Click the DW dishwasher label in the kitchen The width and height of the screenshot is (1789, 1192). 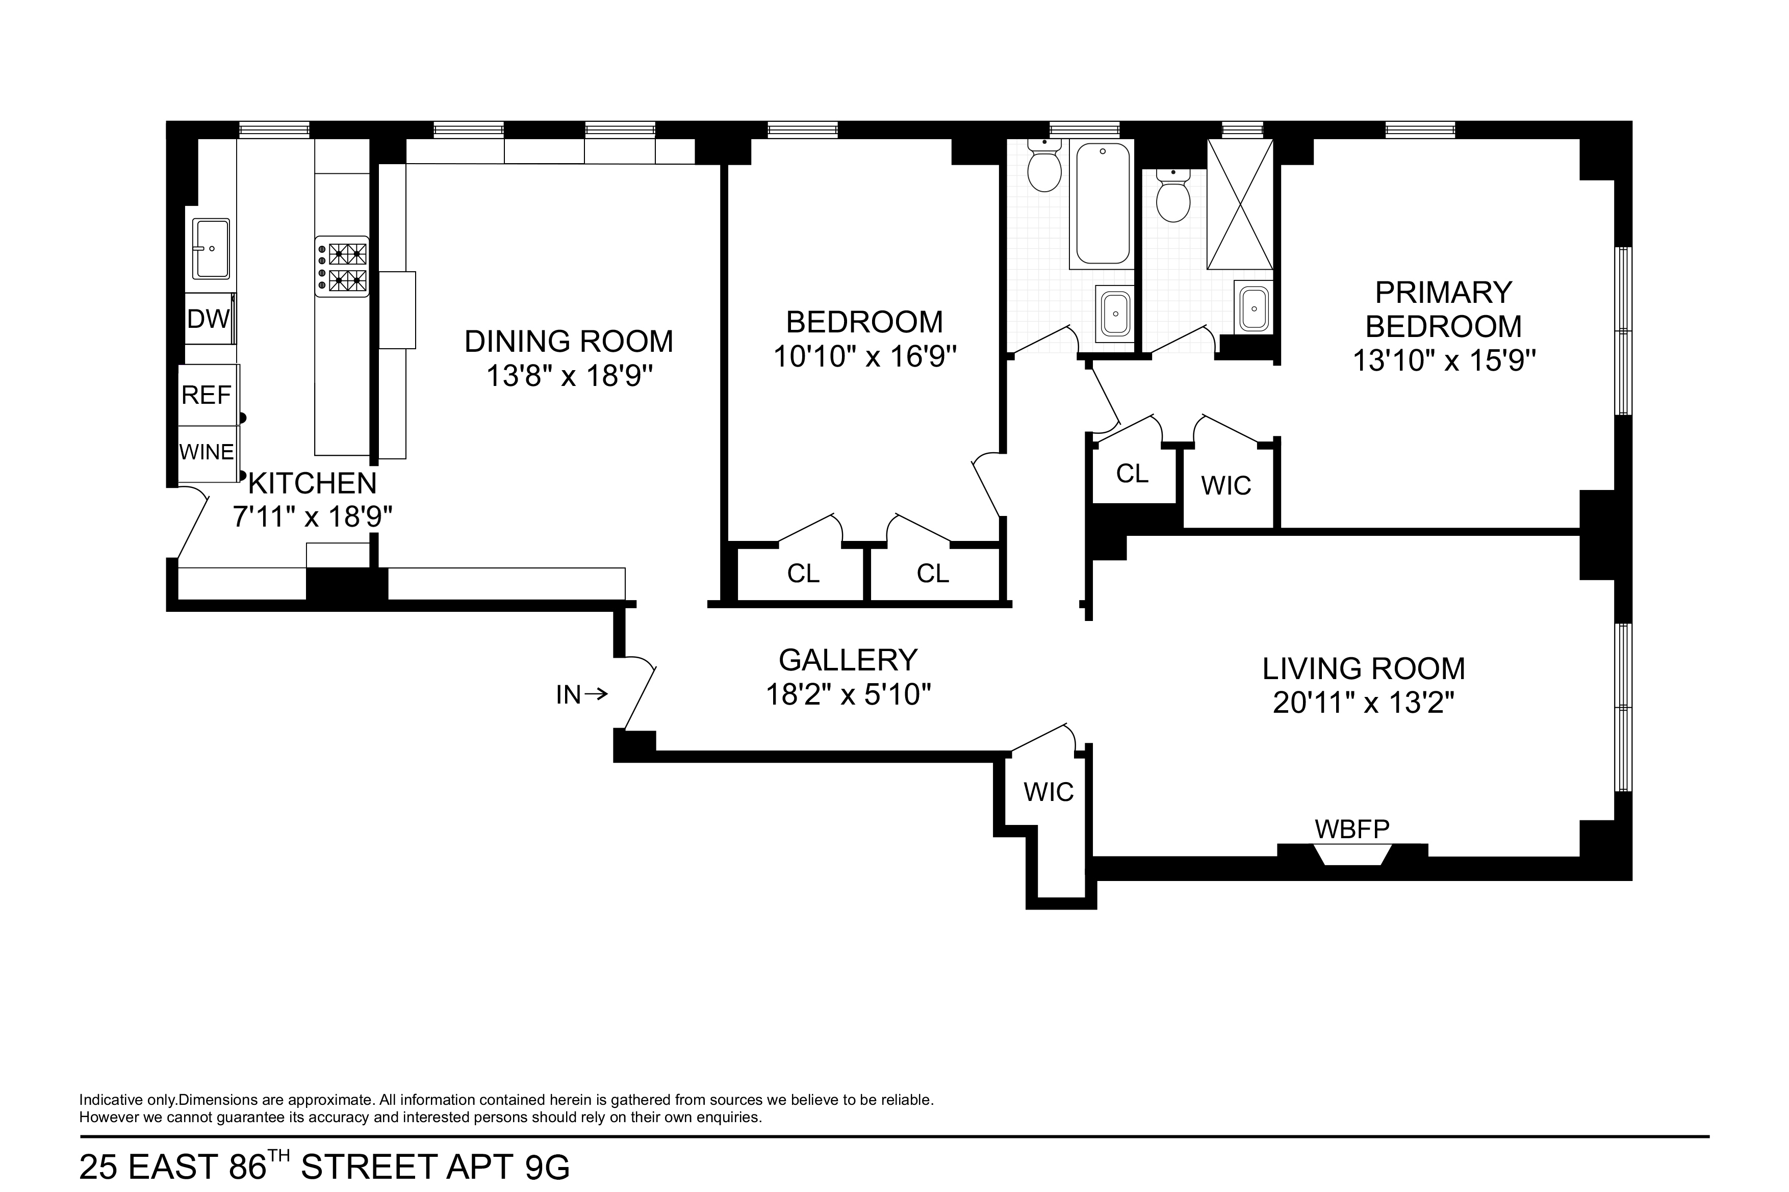(x=208, y=319)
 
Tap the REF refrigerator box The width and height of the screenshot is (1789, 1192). (x=206, y=395)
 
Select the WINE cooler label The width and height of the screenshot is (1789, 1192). (x=206, y=452)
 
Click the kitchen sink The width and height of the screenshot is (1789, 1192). (x=211, y=248)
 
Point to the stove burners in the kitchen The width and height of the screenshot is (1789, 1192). (x=342, y=267)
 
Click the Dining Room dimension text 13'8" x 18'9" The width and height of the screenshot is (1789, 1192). (x=570, y=376)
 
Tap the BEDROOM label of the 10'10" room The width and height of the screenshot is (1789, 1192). (x=864, y=322)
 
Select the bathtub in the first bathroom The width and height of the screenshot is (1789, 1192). (x=1102, y=204)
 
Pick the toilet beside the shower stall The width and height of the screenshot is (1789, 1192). (x=1172, y=197)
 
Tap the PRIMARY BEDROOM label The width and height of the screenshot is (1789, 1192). (x=1443, y=309)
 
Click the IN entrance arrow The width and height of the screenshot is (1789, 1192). (x=581, y=694)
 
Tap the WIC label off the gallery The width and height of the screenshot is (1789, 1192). (x=1049, y=792)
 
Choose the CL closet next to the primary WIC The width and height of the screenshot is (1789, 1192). (x=1132, y=474)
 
